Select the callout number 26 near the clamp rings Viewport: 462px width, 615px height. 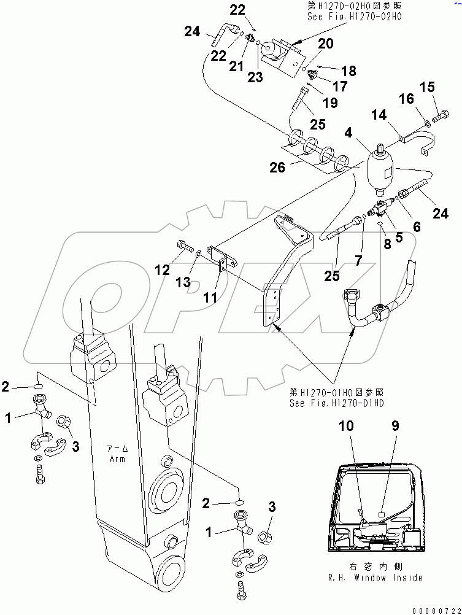click(x=277, y=167)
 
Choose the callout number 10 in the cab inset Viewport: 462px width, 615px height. click(x=348, y=424)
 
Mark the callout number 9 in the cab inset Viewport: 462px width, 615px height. click(x=395, y=424)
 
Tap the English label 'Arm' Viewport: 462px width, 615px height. click(x=117, y=459)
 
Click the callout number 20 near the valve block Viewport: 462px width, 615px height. click(x=325, y=44)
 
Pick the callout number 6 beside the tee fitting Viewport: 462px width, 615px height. click(x=417, y=226)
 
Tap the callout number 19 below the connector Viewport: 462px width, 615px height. click(x=330, y=103)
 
